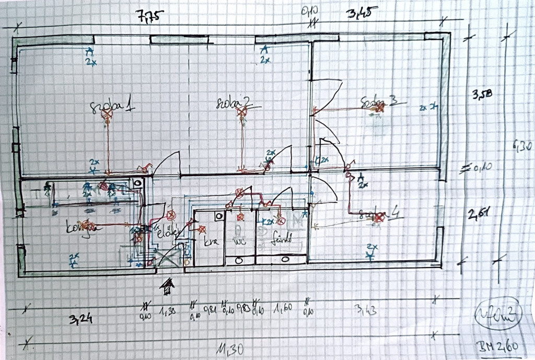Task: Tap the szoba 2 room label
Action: click(x=234, y=103)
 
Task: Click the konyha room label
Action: click(x=82, y=227)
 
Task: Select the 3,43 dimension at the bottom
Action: click(x=365, y=310)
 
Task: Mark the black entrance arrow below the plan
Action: click(x=168, y=286)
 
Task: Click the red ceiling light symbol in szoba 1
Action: click(x=107, y=113)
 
